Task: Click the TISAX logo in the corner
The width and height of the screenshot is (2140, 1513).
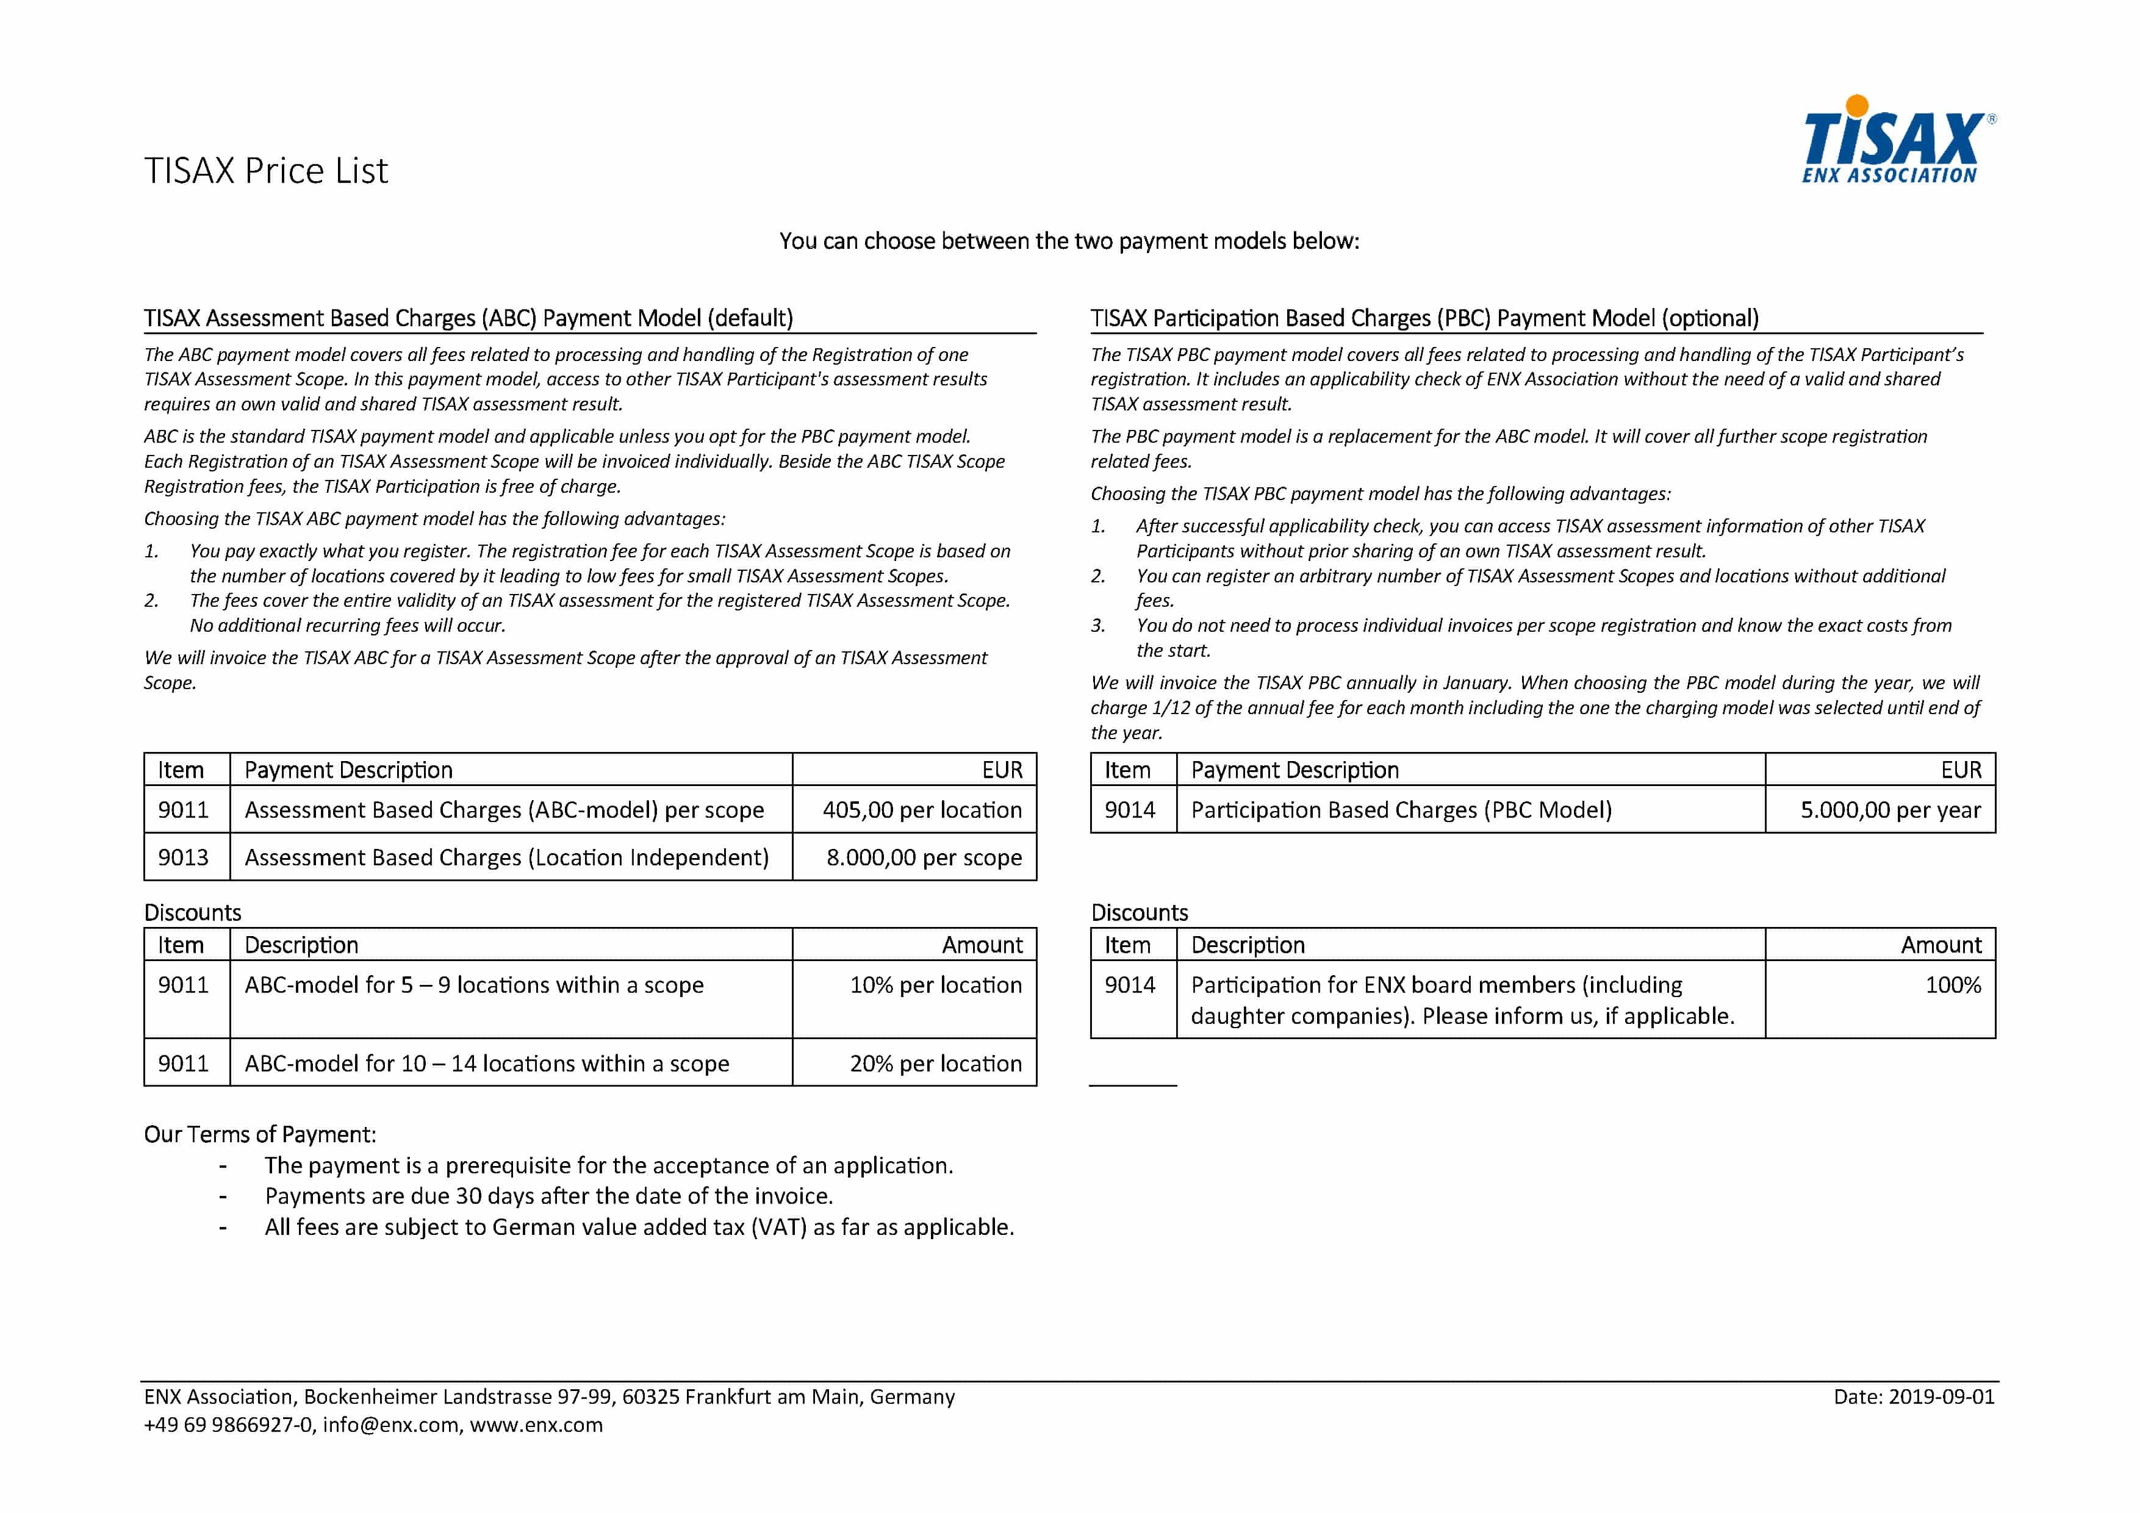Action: (1897, 140)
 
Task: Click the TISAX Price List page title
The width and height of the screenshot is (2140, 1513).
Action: (265, 171)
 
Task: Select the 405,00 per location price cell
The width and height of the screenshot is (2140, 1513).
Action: (921, 810)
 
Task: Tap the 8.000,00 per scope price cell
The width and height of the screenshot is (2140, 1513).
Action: (923, 857)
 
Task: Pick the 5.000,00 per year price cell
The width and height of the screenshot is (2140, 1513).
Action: (1889, 810)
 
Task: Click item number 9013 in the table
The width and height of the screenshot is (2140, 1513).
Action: (182, 857)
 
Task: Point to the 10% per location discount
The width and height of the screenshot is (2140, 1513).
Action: (935, 985)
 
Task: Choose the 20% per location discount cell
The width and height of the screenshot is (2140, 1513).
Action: (935, 1063)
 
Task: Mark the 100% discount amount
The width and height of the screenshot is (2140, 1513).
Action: (1953, 985)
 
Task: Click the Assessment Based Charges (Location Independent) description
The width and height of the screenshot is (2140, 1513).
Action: (506, 857)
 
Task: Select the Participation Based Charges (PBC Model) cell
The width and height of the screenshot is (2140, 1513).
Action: (1401, 810)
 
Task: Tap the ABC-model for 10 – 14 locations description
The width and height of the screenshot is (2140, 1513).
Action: (487, 1063)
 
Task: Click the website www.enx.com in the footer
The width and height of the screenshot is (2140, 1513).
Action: (536, 1425)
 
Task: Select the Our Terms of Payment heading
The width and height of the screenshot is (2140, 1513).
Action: (260, 1134)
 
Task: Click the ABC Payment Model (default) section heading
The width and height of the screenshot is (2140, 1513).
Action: (468, 318)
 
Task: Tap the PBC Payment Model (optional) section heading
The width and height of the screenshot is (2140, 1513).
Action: (1424, 318)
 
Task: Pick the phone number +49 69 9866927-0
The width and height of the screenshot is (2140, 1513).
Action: (228, 1425)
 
